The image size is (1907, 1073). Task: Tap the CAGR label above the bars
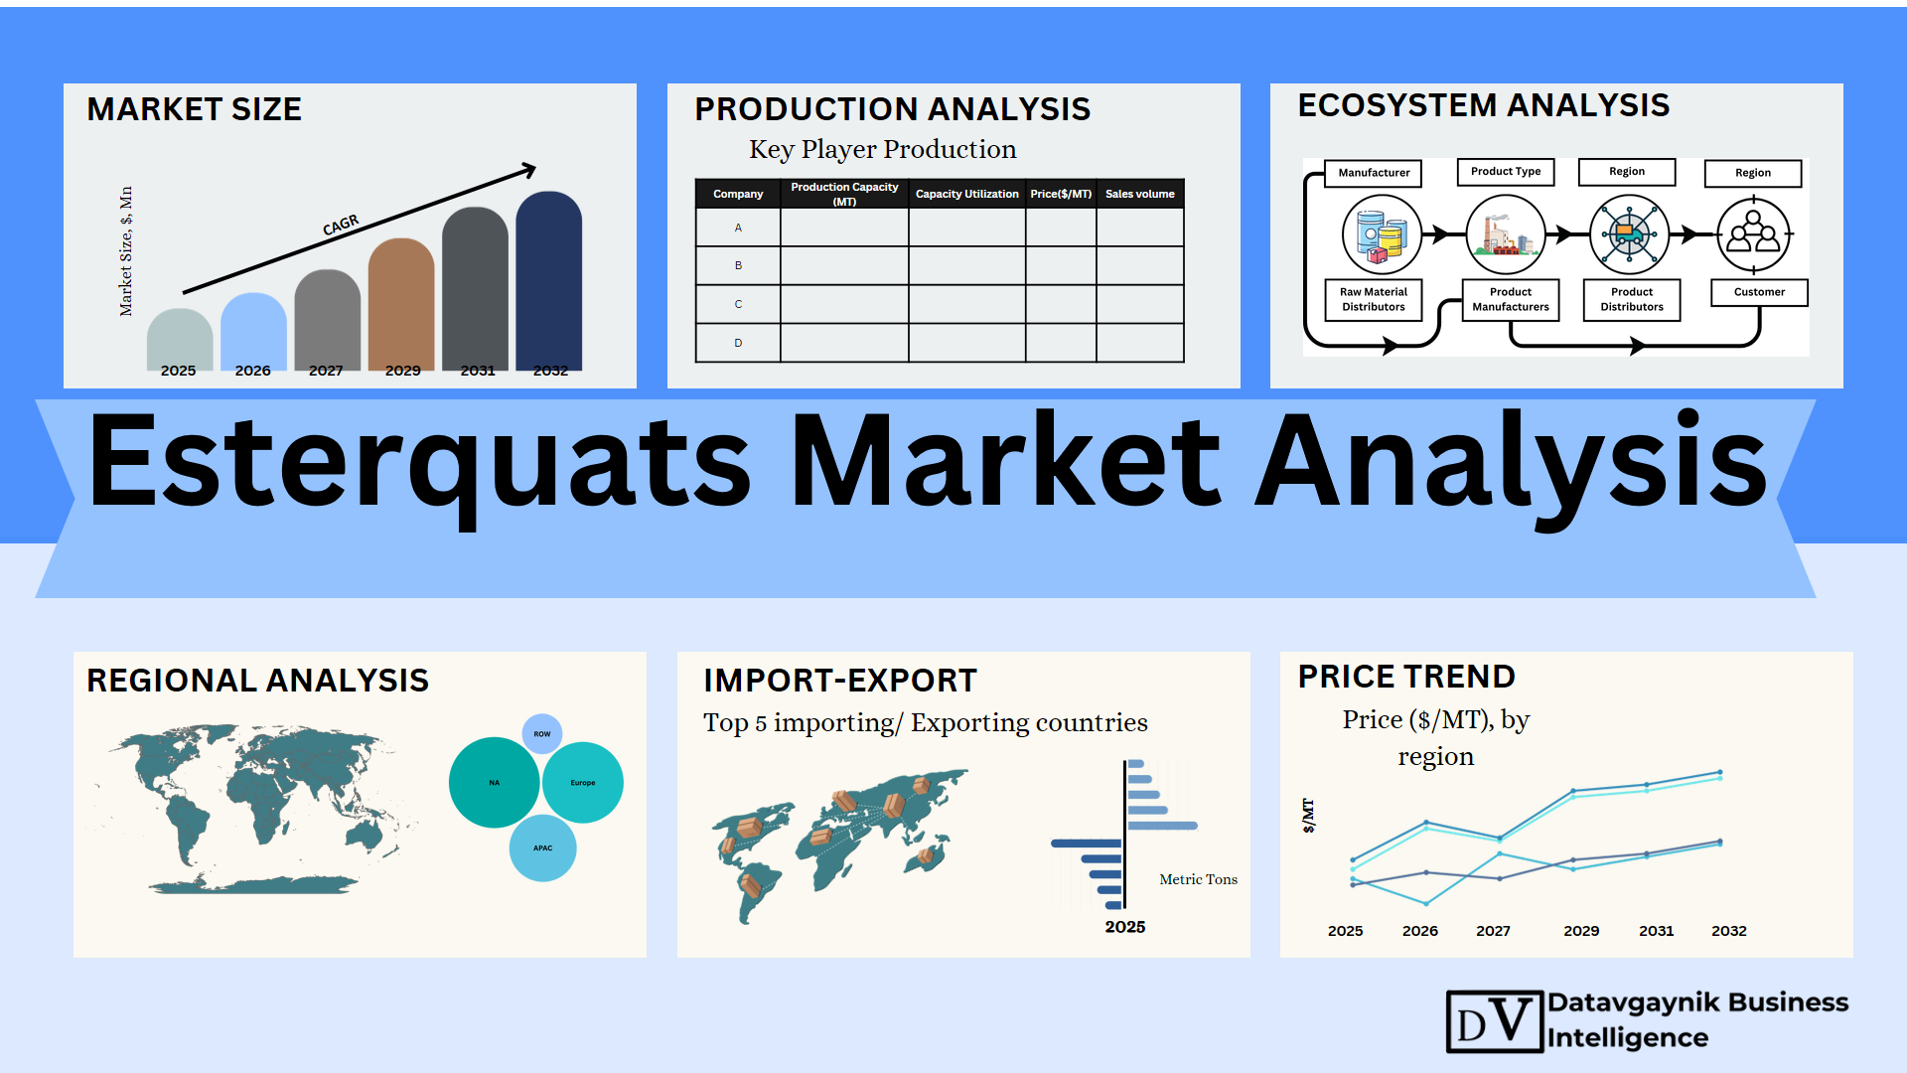(x=341, y=226)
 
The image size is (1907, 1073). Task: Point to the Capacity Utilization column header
(x=966, y=194)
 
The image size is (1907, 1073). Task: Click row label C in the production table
(x=738, y=304)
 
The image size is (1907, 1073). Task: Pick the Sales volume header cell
(x=1140, y=194)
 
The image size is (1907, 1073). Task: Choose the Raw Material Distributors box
(x=1374, y=299)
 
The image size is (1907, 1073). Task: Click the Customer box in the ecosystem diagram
(x=1759, y=292)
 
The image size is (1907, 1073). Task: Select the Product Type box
(x=1506, y=172)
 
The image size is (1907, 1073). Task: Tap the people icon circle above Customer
(x=1754, y=235)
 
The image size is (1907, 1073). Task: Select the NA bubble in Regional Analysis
(x=495, y=782)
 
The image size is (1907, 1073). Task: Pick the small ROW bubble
(x=542, y=734)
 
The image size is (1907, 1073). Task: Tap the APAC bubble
(x=542, y=848)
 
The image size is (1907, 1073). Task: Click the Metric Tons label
(x=1199, y=879)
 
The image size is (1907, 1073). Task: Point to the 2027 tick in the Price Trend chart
(x=1493, y=931)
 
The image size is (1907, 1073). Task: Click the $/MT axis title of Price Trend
(x=1308, y=815)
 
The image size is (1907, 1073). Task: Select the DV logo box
(x=1495, y=1021)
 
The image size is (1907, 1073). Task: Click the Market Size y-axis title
(x=126, y=251)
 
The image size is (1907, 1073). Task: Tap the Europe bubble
(x=583, y=783)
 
